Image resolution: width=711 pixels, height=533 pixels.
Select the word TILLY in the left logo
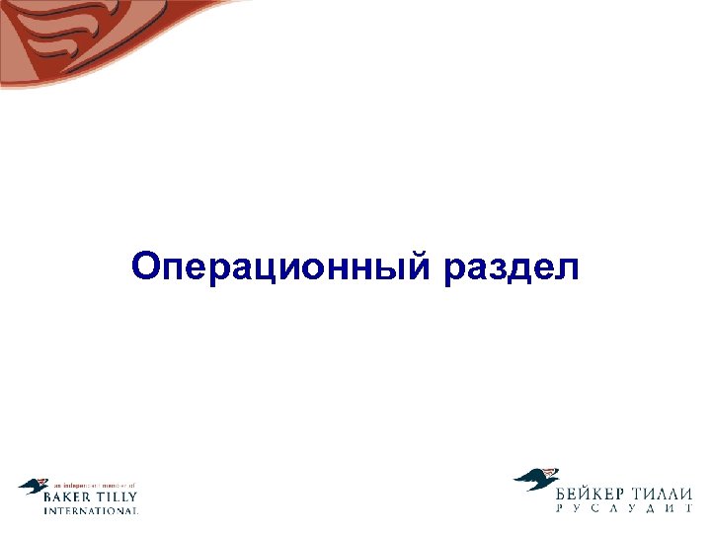pos(118,497)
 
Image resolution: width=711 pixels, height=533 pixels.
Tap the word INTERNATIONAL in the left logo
pos(91,511)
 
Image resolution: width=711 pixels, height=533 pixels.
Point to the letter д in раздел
pos(523,267)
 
